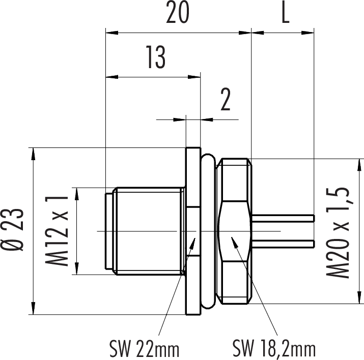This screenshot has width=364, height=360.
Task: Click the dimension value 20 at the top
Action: (178, 12)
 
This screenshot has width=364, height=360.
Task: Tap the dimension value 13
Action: (156, 57)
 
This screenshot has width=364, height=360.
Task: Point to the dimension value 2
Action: (226, 99)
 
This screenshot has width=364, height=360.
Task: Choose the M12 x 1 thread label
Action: (57, 231)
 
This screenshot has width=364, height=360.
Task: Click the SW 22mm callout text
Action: (144, 348)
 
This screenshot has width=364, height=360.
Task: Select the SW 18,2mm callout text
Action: (274, 348)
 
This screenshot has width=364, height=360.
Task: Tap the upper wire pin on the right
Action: (283, 218)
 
